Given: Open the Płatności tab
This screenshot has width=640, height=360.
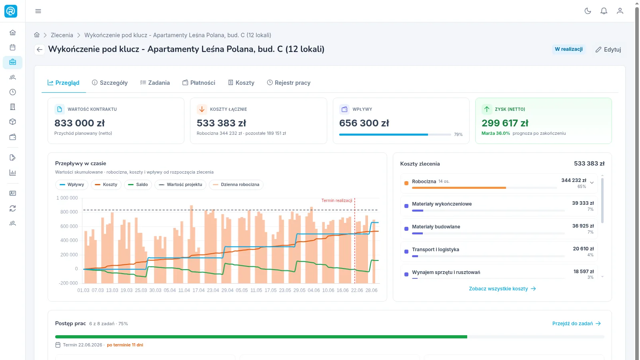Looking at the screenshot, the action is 199,82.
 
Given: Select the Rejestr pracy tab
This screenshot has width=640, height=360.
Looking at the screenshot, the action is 288,82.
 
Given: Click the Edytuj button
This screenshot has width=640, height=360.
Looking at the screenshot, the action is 608,50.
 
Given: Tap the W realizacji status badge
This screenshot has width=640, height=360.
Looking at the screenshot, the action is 568,49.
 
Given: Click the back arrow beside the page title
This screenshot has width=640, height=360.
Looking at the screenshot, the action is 40,50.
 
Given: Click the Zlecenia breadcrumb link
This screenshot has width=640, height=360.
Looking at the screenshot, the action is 62,35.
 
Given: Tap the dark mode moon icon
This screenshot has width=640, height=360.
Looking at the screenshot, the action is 588,11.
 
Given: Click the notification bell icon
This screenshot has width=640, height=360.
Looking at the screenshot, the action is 604,11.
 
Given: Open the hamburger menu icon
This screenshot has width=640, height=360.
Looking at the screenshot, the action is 38,11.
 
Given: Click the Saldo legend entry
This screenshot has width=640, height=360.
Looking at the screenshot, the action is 138,184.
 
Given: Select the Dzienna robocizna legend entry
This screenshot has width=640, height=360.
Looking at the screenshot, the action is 236,184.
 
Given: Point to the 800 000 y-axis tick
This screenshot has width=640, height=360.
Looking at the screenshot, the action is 69,212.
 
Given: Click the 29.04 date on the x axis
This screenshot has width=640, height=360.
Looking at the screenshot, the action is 228,290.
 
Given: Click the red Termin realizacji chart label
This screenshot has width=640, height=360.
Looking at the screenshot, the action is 336,200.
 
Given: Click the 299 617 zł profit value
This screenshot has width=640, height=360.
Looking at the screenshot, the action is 505,123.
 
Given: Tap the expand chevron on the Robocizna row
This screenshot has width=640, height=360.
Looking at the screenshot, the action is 592,183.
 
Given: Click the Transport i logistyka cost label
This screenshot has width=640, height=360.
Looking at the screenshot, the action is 436,250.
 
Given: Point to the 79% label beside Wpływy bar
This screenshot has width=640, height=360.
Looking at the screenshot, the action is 458,134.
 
